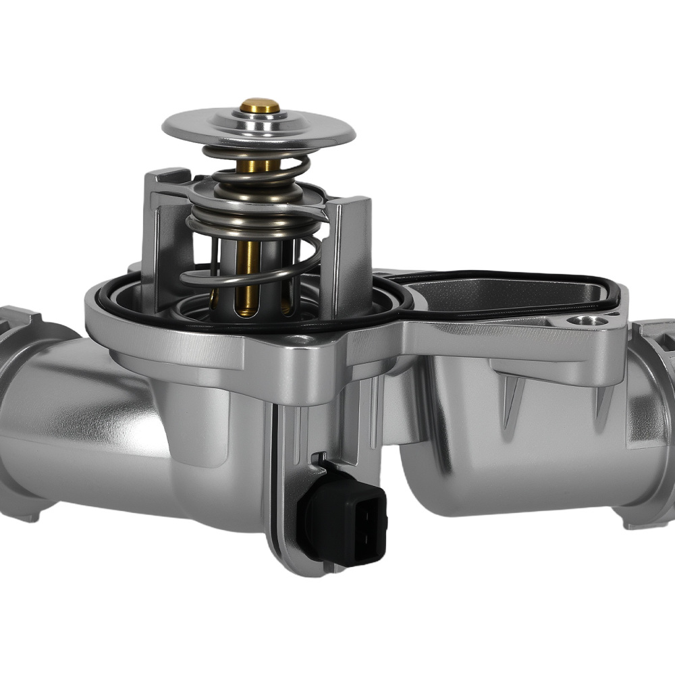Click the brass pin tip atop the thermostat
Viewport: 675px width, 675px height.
click(x=259, y=106)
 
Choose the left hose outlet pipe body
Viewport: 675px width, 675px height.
click(x=88, y=418)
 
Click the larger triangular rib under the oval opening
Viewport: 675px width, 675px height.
click(x=513, y=398)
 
